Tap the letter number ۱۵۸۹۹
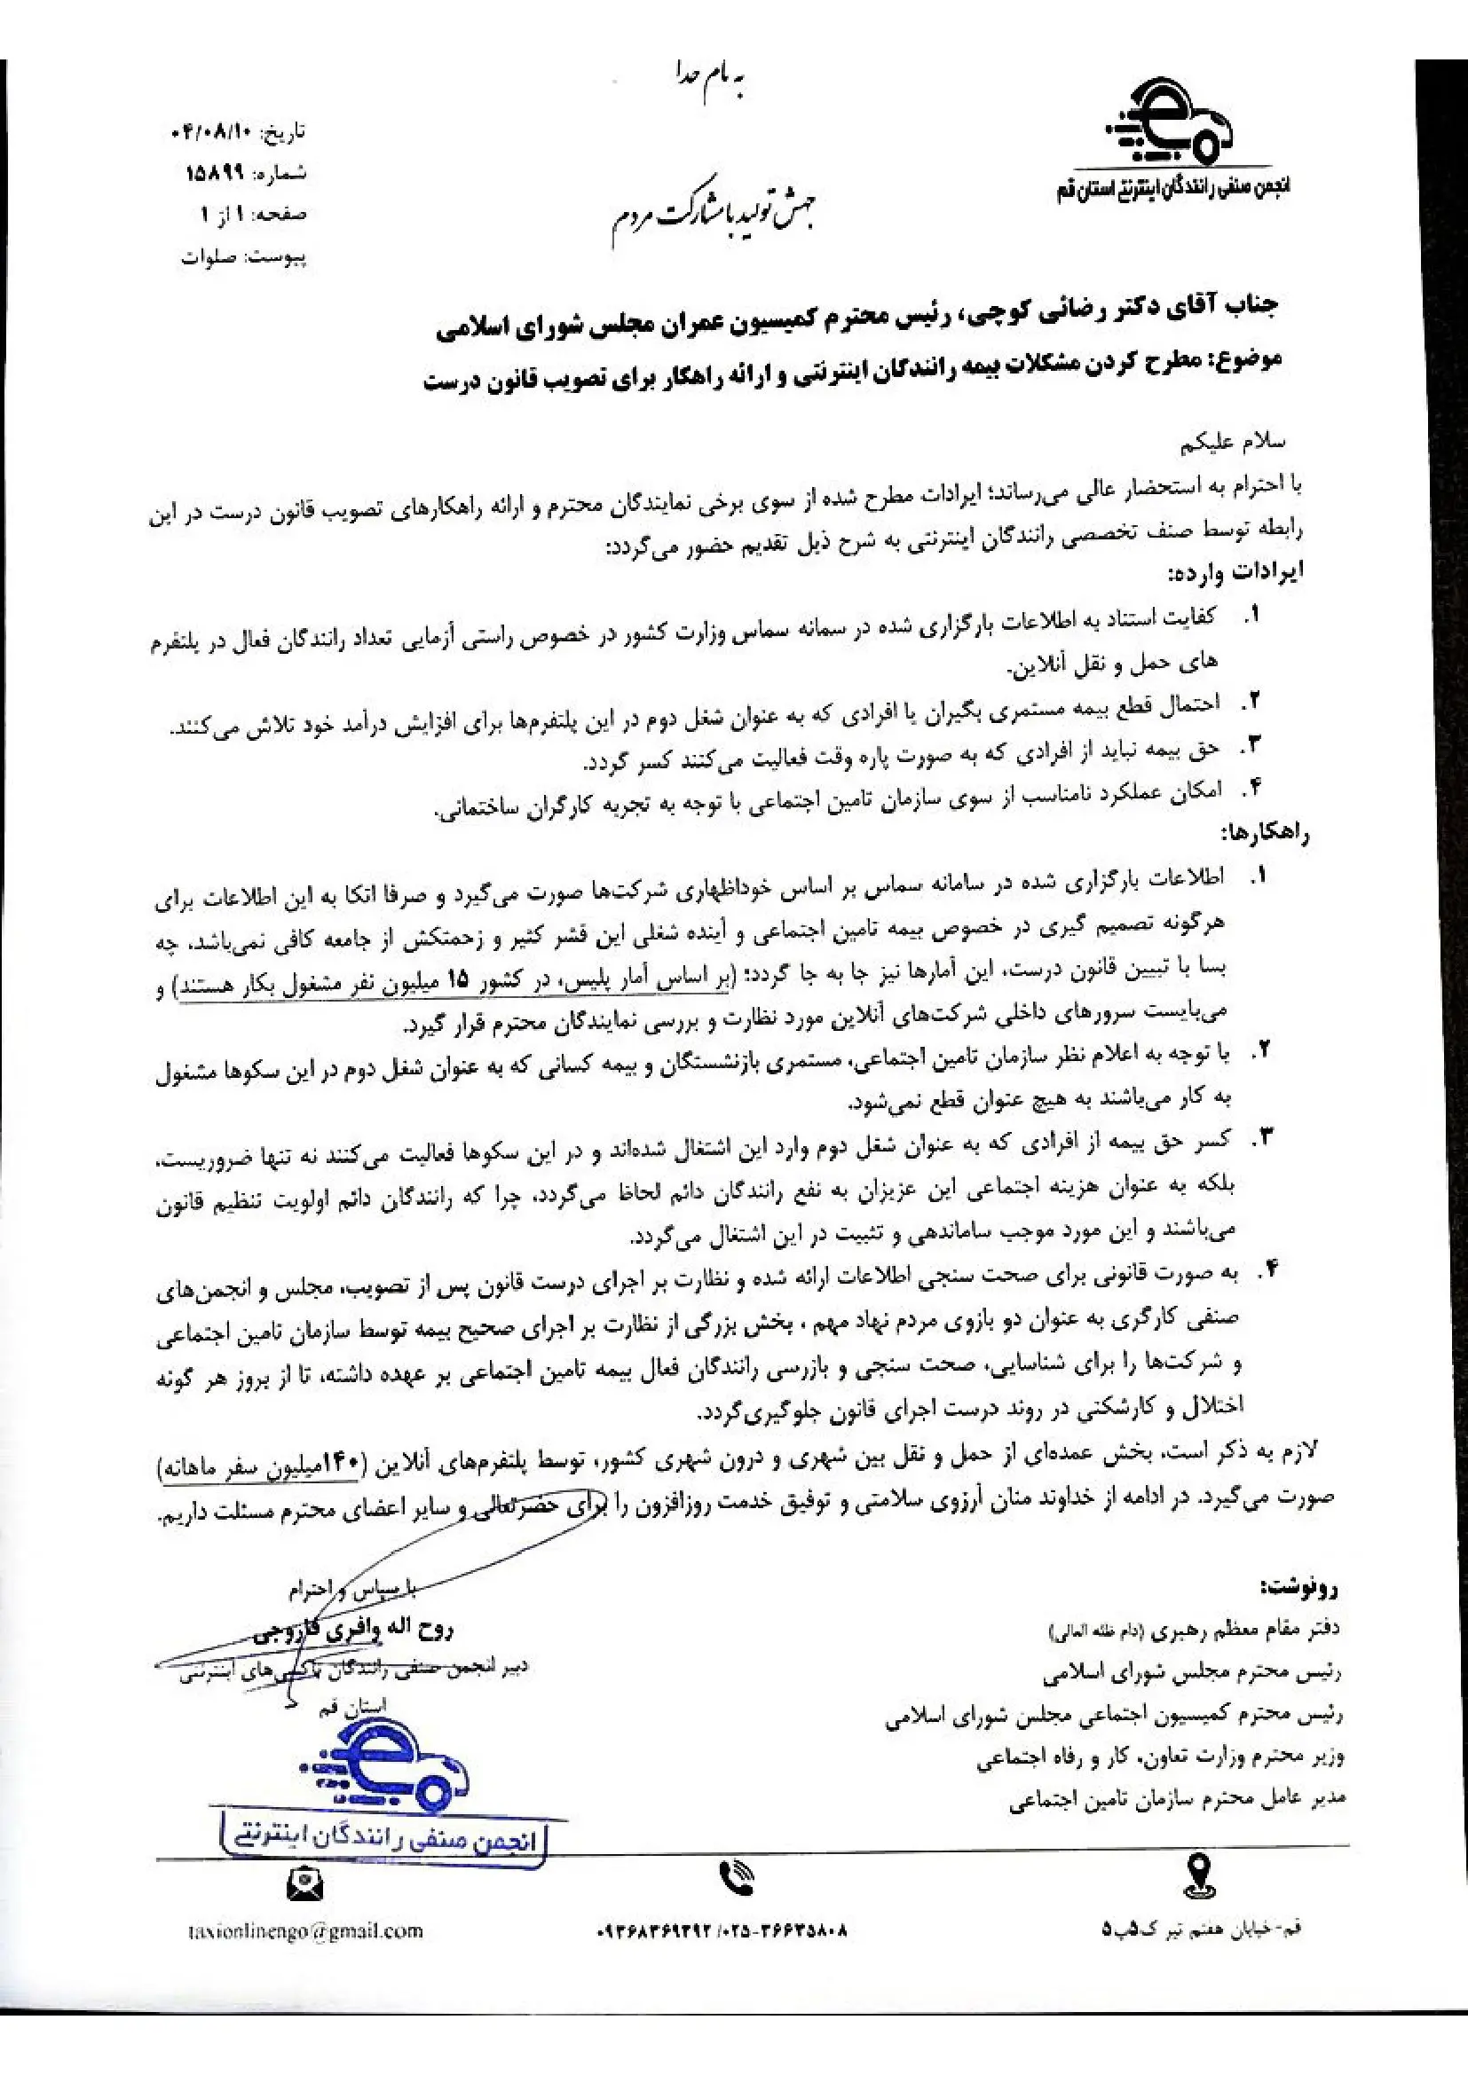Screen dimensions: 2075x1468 [x=215, y=175]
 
